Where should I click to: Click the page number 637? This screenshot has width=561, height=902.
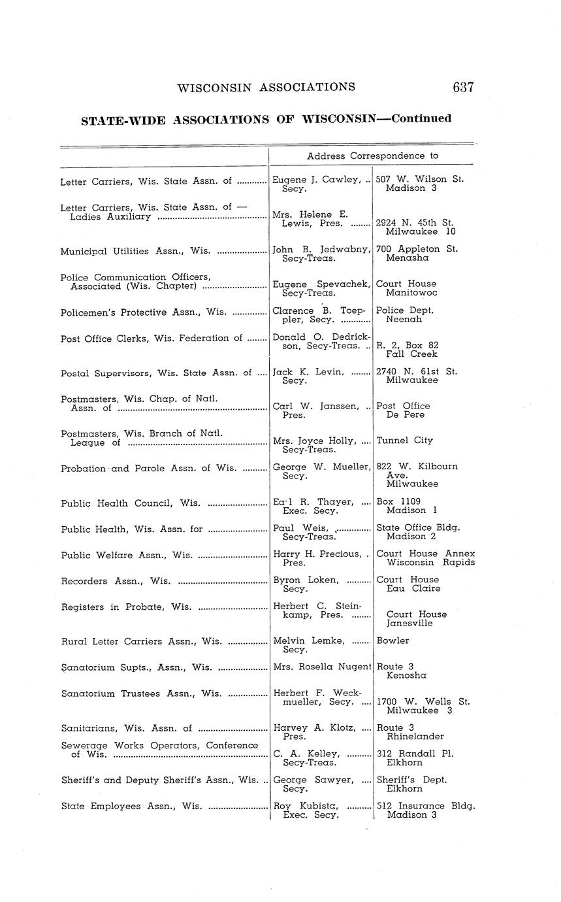coord(462,87)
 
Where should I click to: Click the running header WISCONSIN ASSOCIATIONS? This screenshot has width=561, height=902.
coord(266,87)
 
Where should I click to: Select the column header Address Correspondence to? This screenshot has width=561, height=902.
coord(372,156)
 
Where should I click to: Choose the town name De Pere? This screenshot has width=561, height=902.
coord(405,414)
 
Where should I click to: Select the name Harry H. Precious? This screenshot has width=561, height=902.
coord(317,554)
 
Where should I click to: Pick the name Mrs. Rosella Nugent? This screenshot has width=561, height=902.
coord(321,667)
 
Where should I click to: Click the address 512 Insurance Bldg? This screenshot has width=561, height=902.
coord(425,806)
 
